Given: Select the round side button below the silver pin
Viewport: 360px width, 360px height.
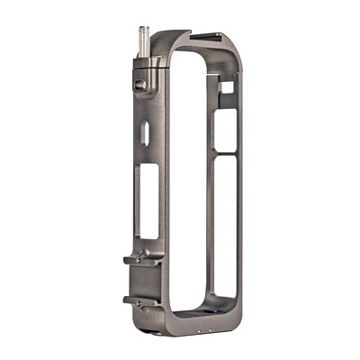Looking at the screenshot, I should pyautogui.click(x=139, y=85).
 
